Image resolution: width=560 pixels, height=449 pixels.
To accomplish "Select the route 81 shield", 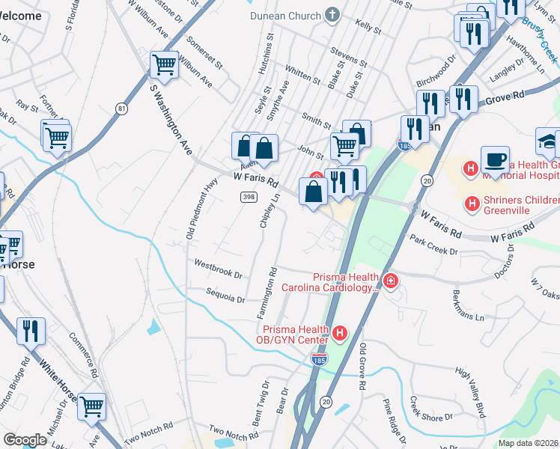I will coord(121,109).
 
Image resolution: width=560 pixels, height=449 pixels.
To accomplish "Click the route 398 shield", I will coord(249,196).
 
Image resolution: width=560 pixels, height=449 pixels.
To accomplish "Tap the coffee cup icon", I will coord(495,160).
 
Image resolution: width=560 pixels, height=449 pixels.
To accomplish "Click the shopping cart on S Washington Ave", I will coord(163,64).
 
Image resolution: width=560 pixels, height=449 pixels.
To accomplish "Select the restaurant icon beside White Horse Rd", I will coord(31,330).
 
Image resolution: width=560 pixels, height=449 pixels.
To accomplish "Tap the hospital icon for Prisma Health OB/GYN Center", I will coord(340,333).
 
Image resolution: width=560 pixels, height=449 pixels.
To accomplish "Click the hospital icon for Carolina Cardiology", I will coord(390,281).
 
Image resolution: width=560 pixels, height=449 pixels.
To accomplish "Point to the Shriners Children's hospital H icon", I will coord(472,203).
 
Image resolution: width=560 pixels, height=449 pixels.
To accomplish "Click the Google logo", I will coord(25,440).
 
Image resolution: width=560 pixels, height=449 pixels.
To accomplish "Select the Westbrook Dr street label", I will coord(218,269).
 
